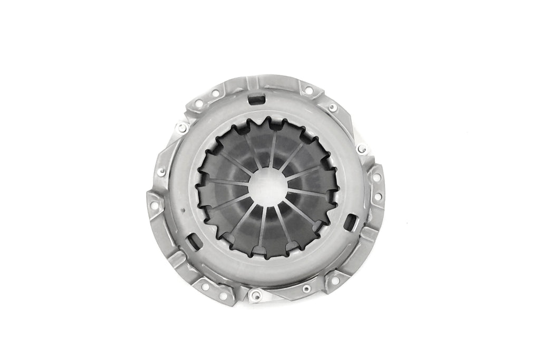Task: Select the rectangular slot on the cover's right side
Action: tap(349, 222)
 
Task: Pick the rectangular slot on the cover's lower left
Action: tap(194, 241)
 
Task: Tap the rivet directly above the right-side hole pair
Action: tap(361, 149)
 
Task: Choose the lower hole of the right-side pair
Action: tap(378, 197)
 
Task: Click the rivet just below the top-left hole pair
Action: tap(182, 128)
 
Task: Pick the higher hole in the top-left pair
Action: tap(215, 93)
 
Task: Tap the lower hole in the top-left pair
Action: tap(198, 104)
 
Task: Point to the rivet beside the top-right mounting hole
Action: tap(332, 108)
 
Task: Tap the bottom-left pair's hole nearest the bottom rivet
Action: tap(224, 289)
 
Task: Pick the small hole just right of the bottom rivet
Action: tap(306, 288)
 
